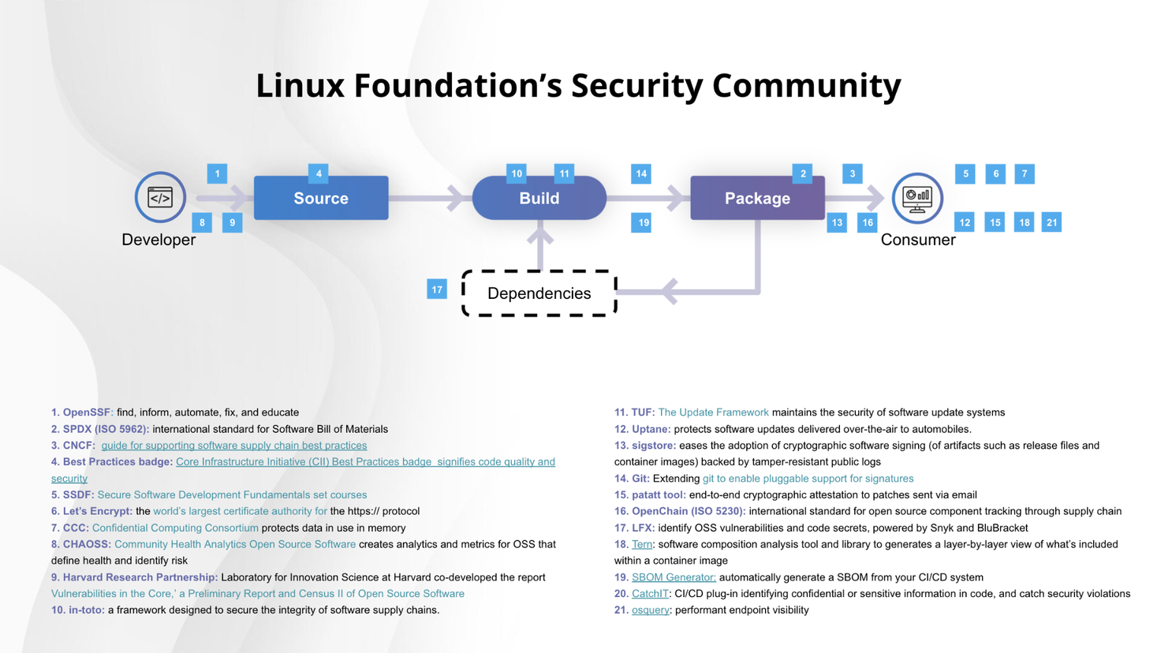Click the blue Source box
[321, 198]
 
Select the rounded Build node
[539, 198]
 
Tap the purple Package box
[757, 198]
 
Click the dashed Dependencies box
[539, 293]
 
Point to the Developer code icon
[160, 197]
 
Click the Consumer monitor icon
[917, 197]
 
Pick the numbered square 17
[437, 289]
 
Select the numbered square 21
[1051, 222]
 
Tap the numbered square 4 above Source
[319, 174]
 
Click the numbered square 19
[643, 222]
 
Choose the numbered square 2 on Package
[803, 174]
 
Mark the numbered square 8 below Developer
[202, 222]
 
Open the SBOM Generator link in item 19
[674, 577]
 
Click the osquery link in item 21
[650, 610]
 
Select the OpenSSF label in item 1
[88, 412]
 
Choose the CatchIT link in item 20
[650, 593]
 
